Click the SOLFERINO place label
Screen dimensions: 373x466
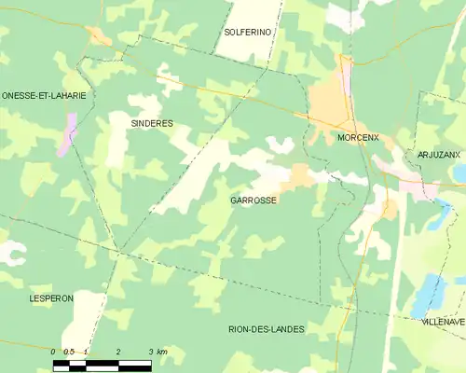[247, 32]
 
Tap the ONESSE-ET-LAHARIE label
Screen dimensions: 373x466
[44, 95]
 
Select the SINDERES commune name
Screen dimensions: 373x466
[152, 123]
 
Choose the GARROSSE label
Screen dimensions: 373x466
[253, 200]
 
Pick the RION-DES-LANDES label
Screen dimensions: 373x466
[267, 329]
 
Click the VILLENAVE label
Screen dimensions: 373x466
[442, 321]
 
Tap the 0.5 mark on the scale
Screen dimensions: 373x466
[68, 352]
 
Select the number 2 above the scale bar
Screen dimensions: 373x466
[118, 352]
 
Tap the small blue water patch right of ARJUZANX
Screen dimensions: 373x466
[459, 173]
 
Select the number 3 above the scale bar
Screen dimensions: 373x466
[151, 352]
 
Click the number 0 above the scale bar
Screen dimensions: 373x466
[54, 352]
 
